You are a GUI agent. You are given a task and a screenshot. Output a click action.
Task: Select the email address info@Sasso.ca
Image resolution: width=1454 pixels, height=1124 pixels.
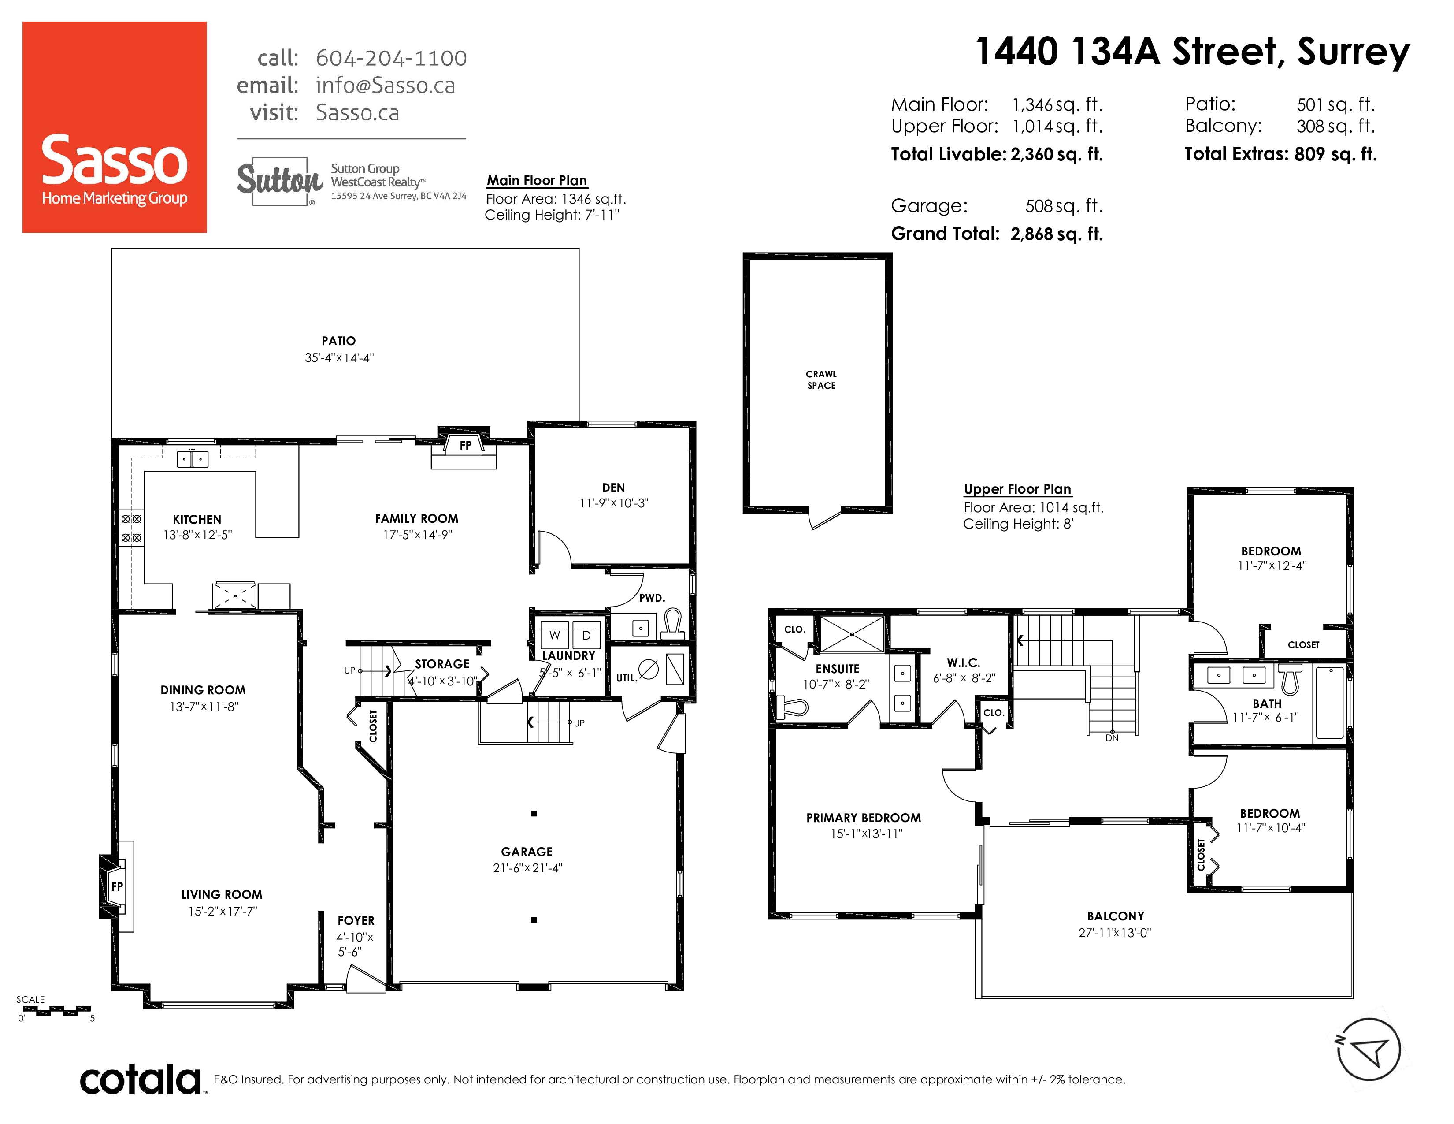tap(386, 85)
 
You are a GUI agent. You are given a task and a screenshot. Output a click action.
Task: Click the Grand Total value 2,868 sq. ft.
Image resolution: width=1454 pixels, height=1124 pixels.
tap(1057, 234)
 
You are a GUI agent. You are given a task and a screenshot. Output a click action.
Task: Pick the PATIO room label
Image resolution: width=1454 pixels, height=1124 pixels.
tap(339, 341)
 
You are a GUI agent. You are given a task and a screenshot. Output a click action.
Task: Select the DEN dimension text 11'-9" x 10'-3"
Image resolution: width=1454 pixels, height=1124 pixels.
tap(614, 503)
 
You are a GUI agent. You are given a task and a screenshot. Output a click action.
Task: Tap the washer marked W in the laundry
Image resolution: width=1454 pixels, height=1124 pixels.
tap(555, 635)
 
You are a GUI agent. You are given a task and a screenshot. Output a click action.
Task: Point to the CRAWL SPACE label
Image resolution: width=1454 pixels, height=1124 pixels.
tap(822, 380)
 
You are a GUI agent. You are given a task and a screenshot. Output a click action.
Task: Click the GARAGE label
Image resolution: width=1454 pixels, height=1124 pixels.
tap(527, 852)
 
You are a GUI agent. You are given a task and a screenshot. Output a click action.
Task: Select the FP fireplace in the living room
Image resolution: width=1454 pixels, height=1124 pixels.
tap(117, 886)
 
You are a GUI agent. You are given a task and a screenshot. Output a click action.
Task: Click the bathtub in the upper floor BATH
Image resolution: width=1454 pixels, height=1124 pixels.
tap(1330, 703)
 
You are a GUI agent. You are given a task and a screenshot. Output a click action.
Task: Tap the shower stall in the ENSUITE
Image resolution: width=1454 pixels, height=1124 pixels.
tap(852, 634)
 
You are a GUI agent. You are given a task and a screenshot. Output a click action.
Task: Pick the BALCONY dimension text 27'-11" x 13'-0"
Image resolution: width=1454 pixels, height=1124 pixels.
tap(1115, 933)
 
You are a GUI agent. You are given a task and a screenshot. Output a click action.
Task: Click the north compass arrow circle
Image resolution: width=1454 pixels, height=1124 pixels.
tap(1369, 1050)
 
